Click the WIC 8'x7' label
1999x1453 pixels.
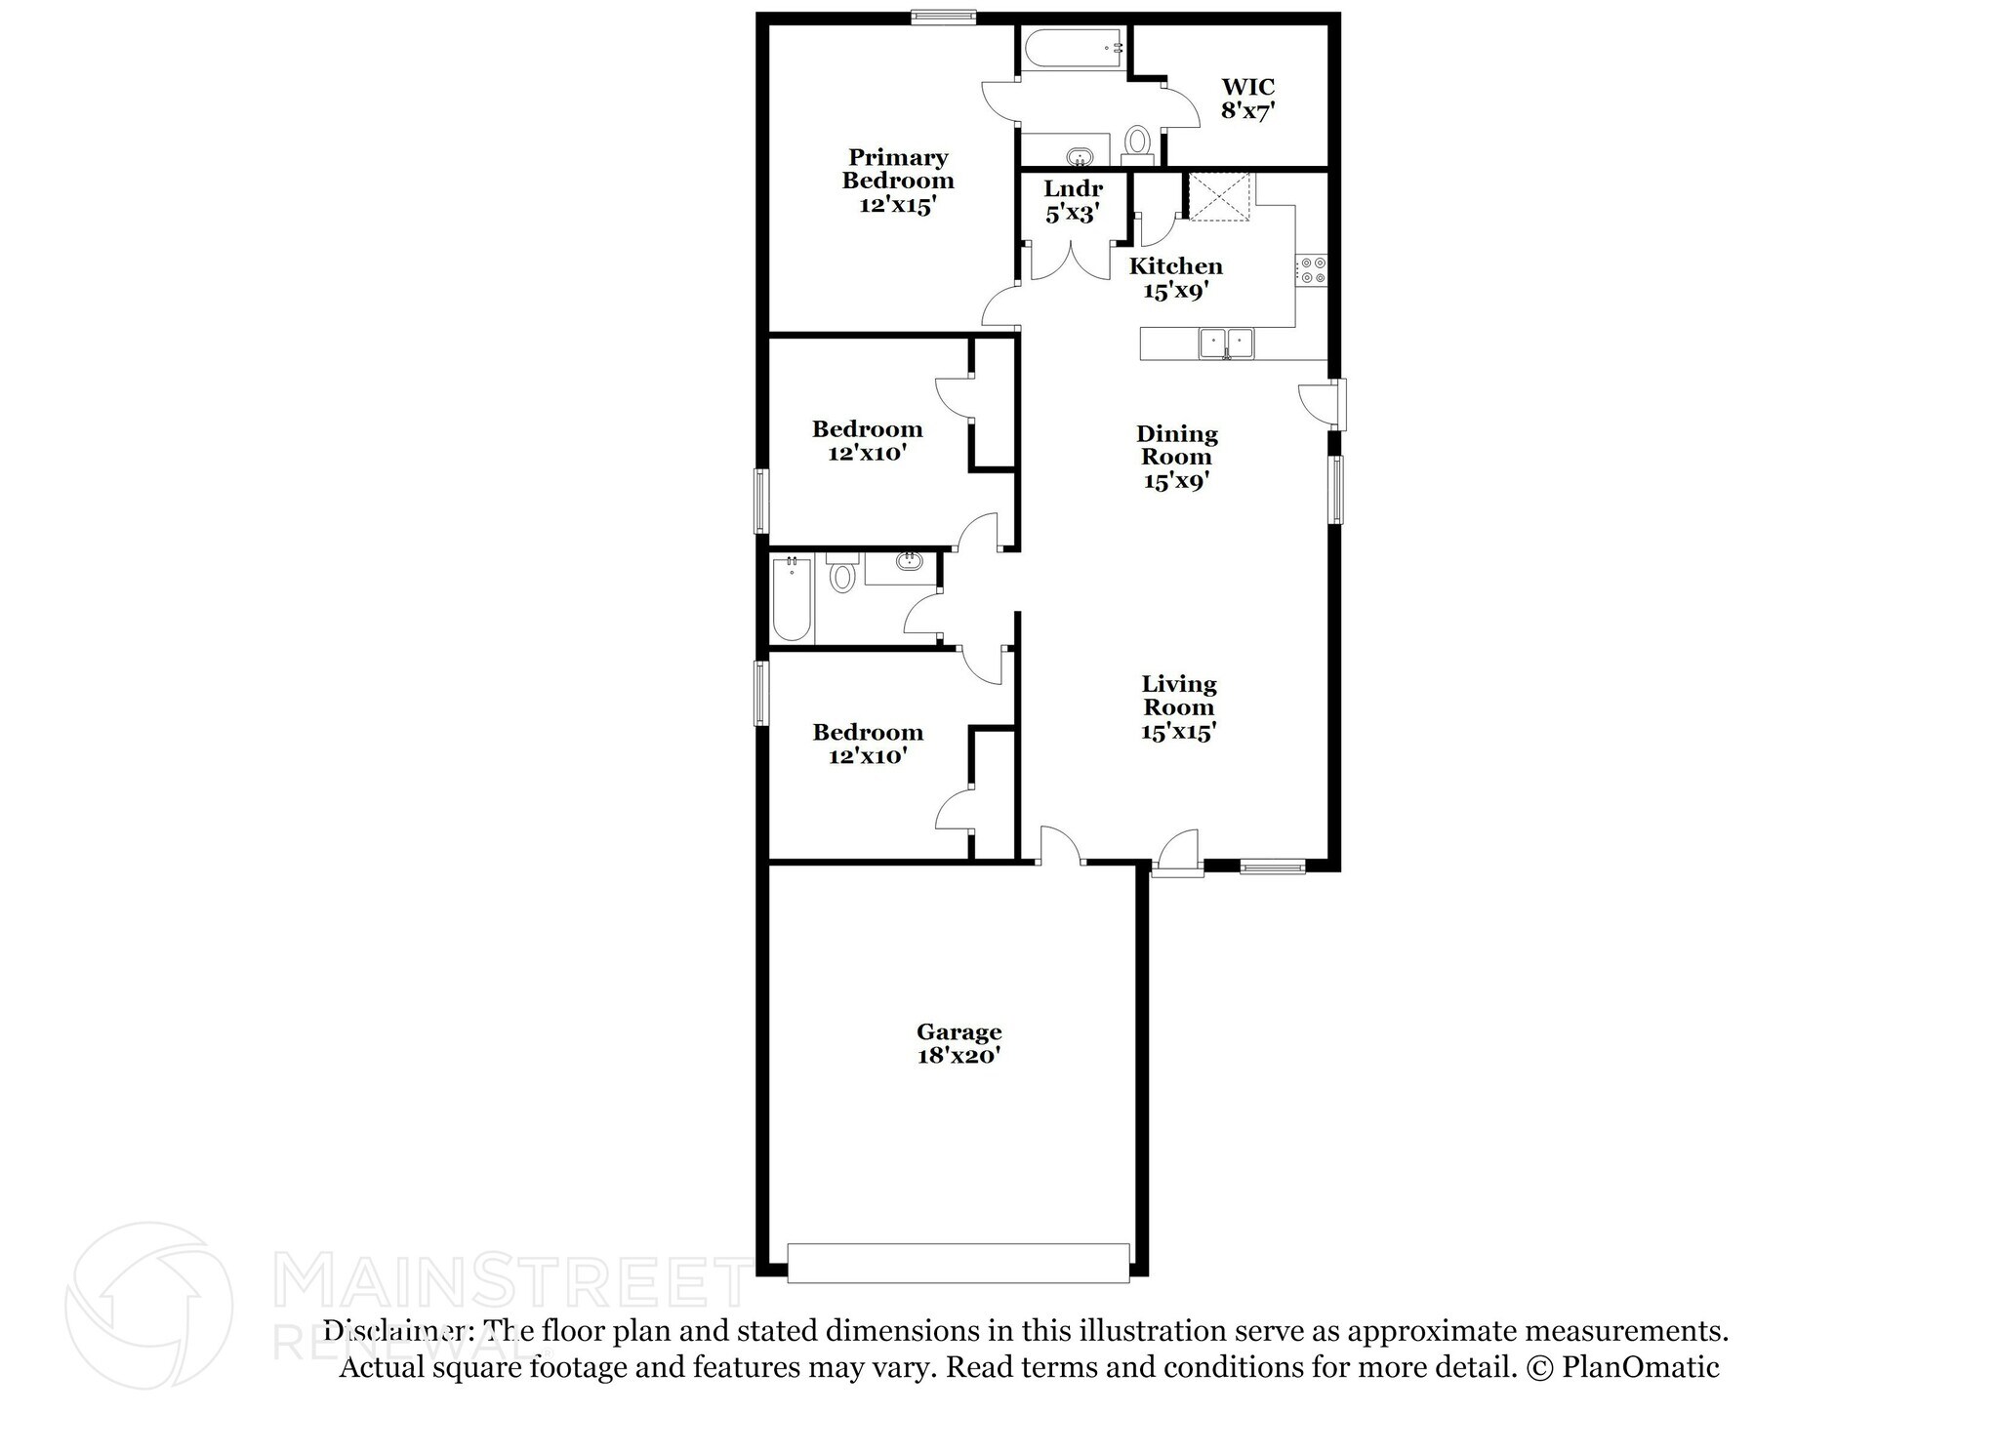pos(1247,100)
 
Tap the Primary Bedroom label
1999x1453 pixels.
pos(898,181)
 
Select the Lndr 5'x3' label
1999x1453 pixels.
pos(1073,201)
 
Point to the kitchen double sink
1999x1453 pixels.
pos(1226,343)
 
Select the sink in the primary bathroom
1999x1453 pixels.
pos(1079,156)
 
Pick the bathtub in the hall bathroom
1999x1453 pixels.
pos(791,598)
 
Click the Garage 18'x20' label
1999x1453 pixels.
pos(959,1043)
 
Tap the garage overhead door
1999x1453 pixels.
pos(959,1262)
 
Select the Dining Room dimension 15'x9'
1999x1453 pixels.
pos(1176,481)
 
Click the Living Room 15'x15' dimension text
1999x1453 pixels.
pos(1178,732)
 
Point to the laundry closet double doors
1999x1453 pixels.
pos(1072,262)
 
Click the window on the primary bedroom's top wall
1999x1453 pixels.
pos(943,16)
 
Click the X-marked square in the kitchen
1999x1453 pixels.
pos(1220,198)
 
